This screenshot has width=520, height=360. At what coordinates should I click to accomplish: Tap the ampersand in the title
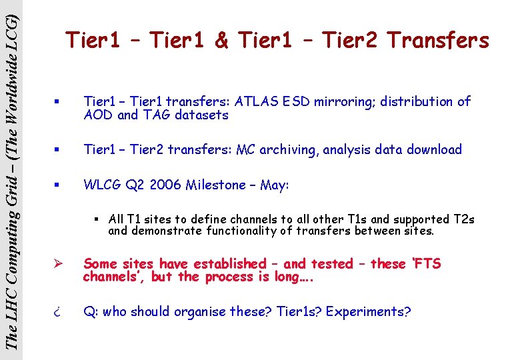(x=221, y=41)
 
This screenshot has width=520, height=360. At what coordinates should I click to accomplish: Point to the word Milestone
(x=218, y=185)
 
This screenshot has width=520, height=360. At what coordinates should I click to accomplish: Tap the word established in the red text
(x=228, y=263)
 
